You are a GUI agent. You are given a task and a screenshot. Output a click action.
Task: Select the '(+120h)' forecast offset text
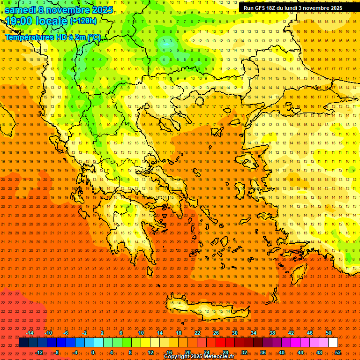pos(83,21)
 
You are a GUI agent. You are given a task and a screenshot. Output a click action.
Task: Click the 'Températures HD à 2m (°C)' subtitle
pos(52,37)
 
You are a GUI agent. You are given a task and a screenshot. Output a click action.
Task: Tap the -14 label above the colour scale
pos(30,333)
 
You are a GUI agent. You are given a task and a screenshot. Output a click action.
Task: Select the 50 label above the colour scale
pos(328,333)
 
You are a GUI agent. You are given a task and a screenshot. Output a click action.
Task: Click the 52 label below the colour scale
pos(337,352)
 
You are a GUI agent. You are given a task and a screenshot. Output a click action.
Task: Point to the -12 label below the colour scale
pos(39,352)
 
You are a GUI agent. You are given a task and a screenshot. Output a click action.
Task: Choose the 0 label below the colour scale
pos(93,352)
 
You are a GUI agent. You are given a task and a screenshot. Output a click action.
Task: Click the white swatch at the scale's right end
pos(333,343)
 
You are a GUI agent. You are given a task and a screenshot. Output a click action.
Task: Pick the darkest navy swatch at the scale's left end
pos(23,343)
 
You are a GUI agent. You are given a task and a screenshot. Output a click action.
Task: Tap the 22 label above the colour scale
pos(197,333)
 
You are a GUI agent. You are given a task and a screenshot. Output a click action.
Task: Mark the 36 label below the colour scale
pos(263,352)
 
